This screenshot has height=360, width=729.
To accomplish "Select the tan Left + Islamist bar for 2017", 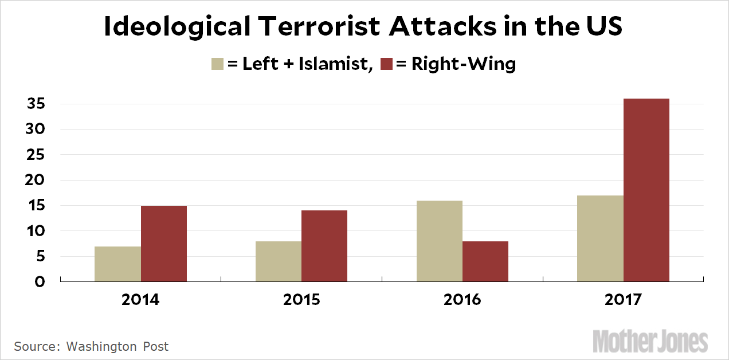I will click(600, 238).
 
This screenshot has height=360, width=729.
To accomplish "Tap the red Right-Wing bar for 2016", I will click(485, 261).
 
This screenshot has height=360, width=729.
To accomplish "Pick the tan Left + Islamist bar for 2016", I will click(440, 241).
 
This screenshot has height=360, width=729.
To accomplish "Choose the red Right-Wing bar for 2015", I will click(324, 246).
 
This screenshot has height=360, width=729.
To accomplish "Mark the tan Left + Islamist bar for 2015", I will click(279, 261).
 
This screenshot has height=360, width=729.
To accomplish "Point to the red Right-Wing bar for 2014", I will click(164, 244).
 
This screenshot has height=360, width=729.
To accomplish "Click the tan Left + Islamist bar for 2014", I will click(117, 264).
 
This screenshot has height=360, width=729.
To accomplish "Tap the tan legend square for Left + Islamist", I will click(218, 64).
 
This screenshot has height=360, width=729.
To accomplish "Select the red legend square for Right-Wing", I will click(385, 64).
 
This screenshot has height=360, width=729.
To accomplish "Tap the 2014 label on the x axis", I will click(140, 300).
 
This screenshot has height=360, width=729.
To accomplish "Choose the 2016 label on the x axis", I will click(463, 300).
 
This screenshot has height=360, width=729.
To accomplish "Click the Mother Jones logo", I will click(650, 342).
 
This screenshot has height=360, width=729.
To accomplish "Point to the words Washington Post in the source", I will click(117, 346).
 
